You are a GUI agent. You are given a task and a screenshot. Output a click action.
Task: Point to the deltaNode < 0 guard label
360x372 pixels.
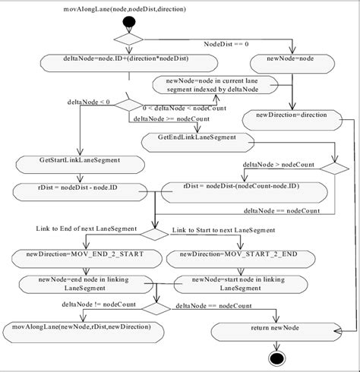89,101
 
